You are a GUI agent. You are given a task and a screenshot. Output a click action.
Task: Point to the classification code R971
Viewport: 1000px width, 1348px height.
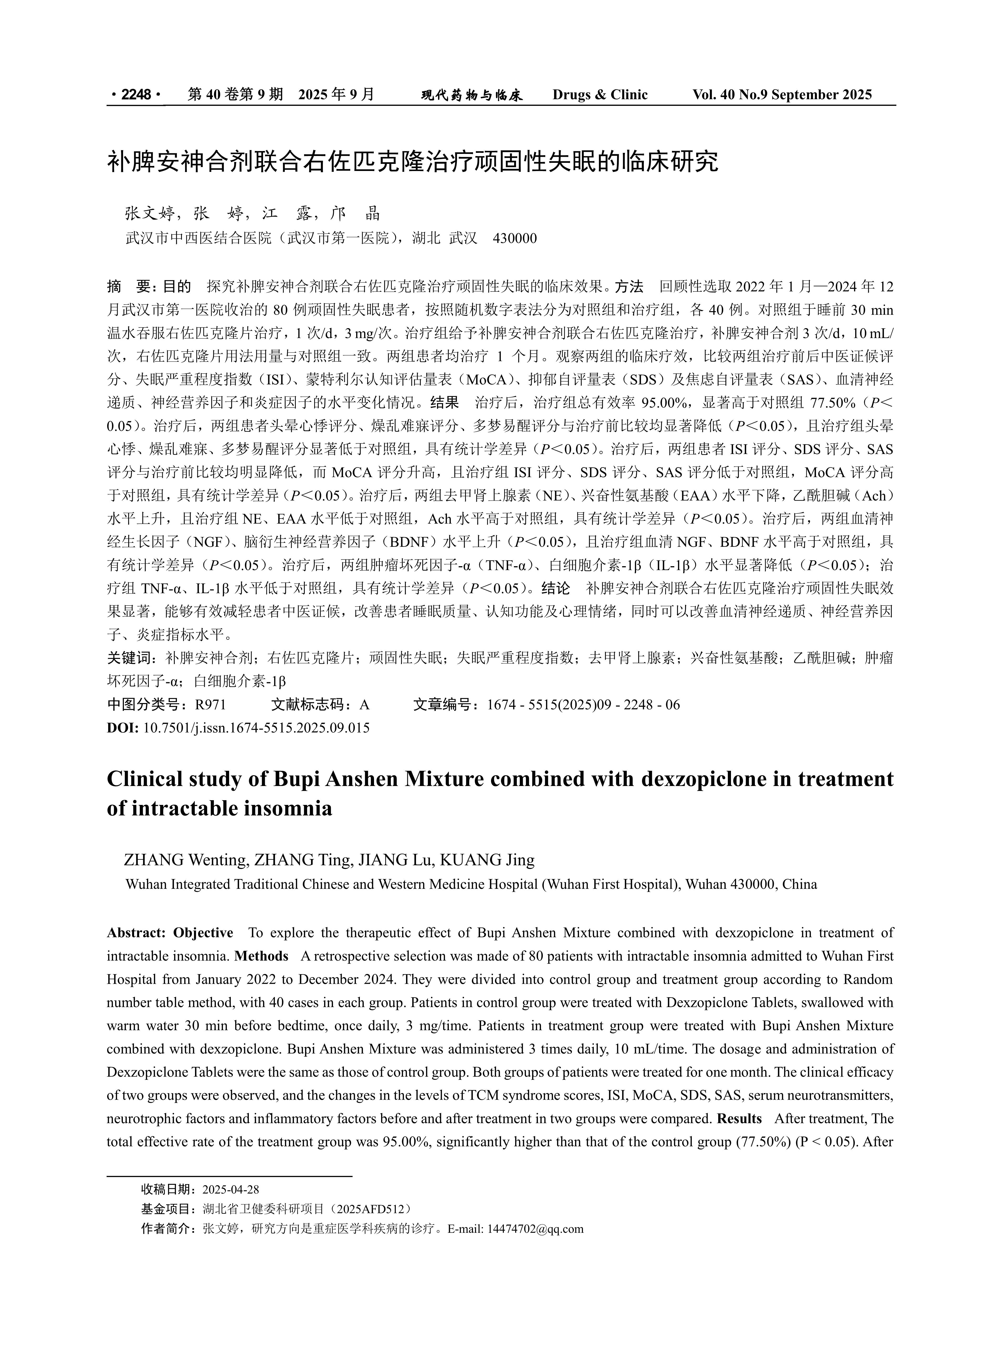coord(210,705)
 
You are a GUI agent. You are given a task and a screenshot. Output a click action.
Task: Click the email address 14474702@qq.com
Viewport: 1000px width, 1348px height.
coord(535,1229)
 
